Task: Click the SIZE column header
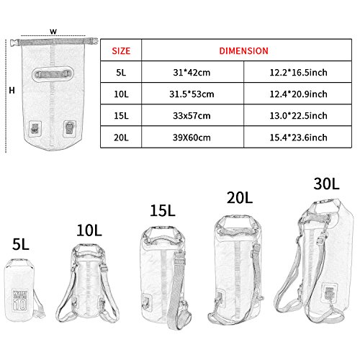coord(121,51)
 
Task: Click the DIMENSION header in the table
coord(243,51)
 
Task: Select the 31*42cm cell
coord(192,73)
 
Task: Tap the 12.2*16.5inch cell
coord(298,73)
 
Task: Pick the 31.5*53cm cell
coord(192,94)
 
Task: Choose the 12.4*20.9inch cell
coord(298,94)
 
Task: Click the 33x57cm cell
coord(192,116)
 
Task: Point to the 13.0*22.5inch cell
coord(298,116)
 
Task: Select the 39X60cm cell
coord(192,138)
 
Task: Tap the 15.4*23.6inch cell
coord(298,138)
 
